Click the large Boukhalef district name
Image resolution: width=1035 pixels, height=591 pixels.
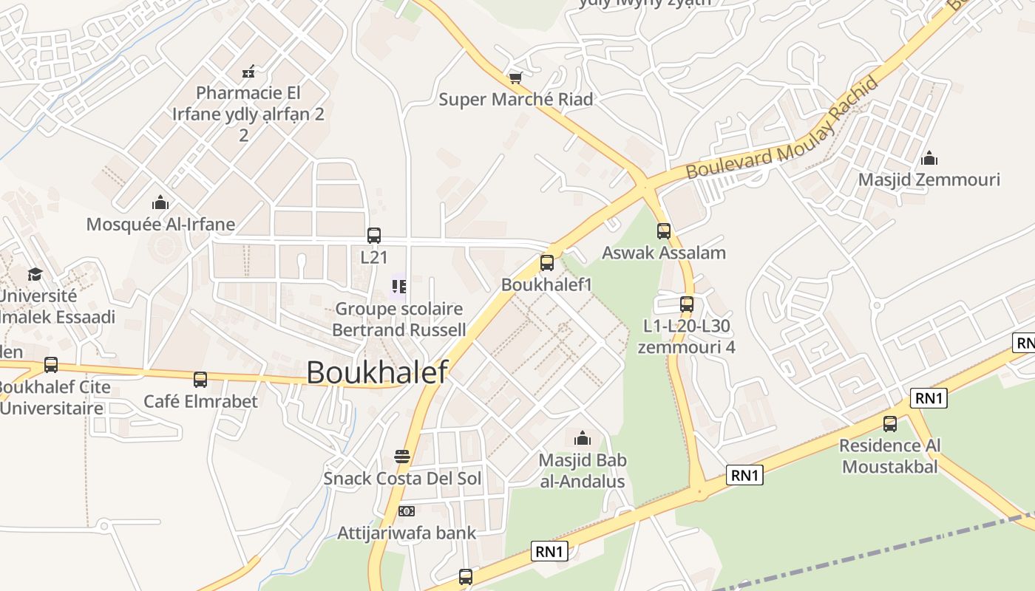tap(377, 372)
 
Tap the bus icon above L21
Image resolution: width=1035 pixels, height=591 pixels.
tap(374, 236)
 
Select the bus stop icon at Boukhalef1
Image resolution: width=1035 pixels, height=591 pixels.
tap(547, 262)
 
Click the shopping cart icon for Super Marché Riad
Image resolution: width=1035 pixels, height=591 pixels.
tap(516, 78)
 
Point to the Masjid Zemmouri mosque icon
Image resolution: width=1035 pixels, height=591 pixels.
tap(929, 158)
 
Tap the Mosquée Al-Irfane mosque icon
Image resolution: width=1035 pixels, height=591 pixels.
tap(160, 202)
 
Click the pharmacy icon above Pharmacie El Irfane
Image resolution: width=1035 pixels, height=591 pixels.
tap(248, 72)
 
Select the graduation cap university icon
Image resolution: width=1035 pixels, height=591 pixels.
tap(35, 274)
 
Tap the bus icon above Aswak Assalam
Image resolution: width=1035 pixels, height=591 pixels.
tap(664, 230)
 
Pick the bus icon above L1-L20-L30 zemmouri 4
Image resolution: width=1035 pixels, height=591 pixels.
tap(687, 304)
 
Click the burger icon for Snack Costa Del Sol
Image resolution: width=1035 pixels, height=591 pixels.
tap(402, 457)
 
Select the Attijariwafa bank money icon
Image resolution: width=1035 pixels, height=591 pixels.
tap(406, 511)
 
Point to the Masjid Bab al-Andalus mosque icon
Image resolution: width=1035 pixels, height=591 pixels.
tap(583, 438)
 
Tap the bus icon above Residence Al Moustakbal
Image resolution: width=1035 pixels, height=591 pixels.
tap(890, 424)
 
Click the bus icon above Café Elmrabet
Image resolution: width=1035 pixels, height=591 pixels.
tap(200, 380)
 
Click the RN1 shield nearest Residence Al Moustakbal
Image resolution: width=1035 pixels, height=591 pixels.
tap(929, 398)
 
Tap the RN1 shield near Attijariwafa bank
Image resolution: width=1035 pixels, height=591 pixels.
tap(550, 550)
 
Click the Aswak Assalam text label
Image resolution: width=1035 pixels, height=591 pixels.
tap(664, 253)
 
